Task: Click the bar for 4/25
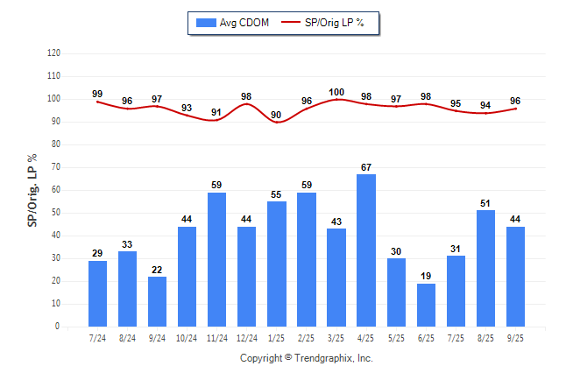366,250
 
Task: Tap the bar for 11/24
217,259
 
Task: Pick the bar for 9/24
158,301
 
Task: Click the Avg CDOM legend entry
233,23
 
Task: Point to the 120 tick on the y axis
53,53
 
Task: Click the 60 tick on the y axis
55,190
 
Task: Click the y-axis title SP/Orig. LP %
32,189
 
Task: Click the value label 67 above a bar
366,167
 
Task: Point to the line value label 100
336,92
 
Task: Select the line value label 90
277,115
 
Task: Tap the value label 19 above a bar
426,277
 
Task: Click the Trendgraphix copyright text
307,358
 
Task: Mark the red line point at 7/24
98,102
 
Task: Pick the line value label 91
216,112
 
